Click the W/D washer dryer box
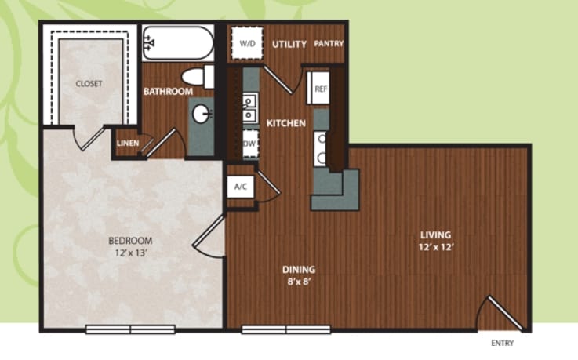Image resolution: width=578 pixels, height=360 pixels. pyautogui.click(x=247, y=43)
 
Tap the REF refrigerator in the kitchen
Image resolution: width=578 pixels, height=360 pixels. pyautogui.click(x=318, y=88)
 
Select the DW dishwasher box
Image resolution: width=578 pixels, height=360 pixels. pyautogui.click(x=250, y=144)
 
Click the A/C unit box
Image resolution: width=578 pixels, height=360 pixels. pyautogui.click(x=240, y=187)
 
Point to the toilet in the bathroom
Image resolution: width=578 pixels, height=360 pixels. pyautogui.click(x=198, y=77)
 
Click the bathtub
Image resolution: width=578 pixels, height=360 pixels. pyautogui.click(x=178, y=42)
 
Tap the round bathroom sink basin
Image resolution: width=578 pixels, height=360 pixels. pyautogui.click(x=202, y=114)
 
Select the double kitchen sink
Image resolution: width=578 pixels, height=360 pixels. pyautogui.click(x=249, y=108)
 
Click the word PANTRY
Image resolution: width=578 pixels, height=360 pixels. pyautogui.click(x=329, y=43)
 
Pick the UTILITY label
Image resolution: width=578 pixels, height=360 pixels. pyautogui.click(x=289, y=44)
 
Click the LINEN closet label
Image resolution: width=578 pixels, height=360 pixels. pyautogui.click(x=128, y=144)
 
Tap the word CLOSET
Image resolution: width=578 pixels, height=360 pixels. pyautogui.click(x=89, y=84)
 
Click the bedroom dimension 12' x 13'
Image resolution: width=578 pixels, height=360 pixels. pyautogui.click(x=131, y=253)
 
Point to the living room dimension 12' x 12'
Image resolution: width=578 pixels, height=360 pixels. pyautogui.click(x=436, y=247)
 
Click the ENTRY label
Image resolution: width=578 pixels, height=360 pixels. pyautogui.click(x=502, y=343)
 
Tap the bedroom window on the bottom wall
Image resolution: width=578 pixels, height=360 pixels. pyautogui.click(x=130, y=329)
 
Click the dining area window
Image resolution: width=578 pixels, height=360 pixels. pyautogui.click(x=286, y=329)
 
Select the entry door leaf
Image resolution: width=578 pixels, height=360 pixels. pyautogui.click(x=505, y=313)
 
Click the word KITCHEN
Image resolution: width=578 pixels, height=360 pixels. pyautogui.click(x=286, y=123)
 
